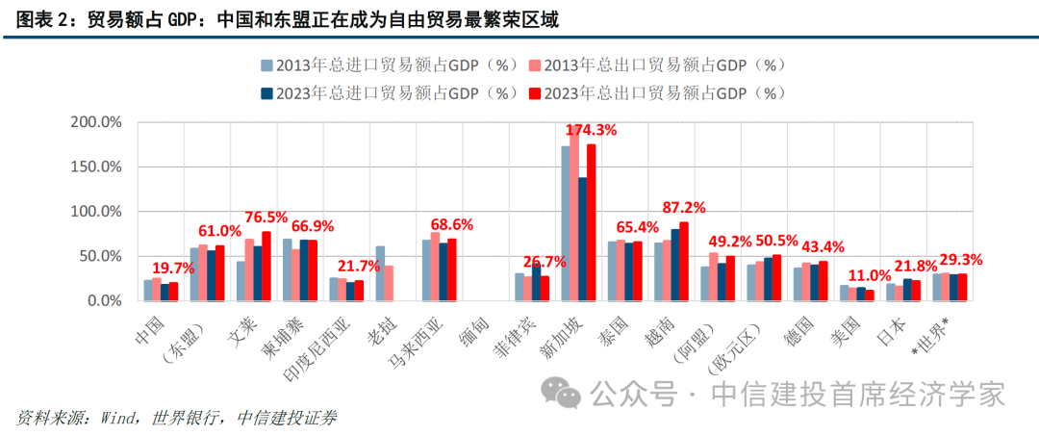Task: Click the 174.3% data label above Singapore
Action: (x=591, y=130)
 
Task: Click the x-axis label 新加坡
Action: (x=573, y=331)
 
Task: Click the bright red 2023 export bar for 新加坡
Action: (x=592, y=222)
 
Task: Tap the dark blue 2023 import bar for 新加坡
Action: (x=582, y=239)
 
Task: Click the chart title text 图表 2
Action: (x=38, y=19)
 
